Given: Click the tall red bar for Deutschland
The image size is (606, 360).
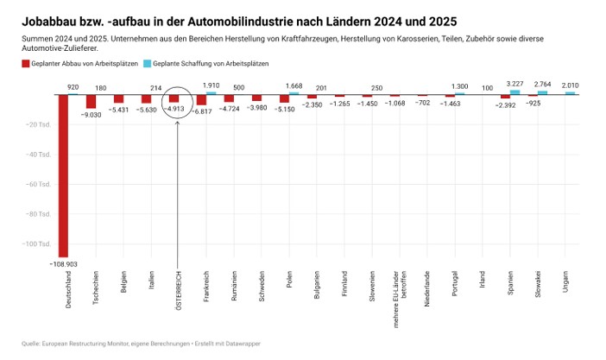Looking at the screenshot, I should (63, 173).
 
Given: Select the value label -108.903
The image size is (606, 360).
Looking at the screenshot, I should (63, 262).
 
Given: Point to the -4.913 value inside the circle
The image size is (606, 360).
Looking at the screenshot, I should (177, 110).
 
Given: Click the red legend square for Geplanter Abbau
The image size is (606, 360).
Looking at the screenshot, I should (26, 65).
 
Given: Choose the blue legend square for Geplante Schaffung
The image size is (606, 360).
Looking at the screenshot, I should (147, 65).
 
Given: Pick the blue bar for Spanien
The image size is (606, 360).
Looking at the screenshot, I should (514, 92).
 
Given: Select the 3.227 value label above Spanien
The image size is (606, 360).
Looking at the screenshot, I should (515, 83).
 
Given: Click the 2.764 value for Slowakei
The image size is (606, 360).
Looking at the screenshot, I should (542, 84).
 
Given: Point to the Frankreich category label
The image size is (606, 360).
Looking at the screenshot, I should (205, 285).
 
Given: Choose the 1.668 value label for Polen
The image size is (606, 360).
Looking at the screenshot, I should (294, 85).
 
